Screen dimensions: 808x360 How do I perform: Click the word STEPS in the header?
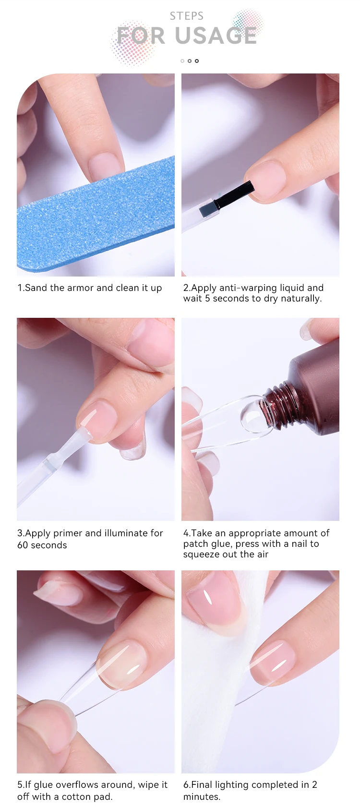click(186, 16)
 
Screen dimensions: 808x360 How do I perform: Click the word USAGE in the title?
click(216, 36)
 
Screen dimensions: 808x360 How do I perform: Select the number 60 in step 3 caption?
click(23, 545)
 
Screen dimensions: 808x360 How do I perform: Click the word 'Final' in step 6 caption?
click(202, 785)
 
